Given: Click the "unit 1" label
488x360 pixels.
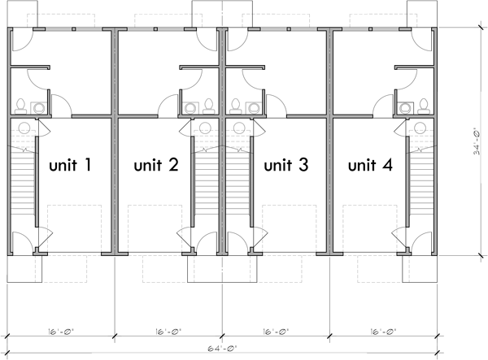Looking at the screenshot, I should [70, 166].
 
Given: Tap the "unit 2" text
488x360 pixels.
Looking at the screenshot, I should [156, 166].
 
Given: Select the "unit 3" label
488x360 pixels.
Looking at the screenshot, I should [285, 166].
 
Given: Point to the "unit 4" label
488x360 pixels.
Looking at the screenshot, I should [370, 166].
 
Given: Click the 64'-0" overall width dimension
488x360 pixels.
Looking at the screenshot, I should [222, 347].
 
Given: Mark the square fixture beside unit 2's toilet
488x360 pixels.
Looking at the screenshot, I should [190, 106].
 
